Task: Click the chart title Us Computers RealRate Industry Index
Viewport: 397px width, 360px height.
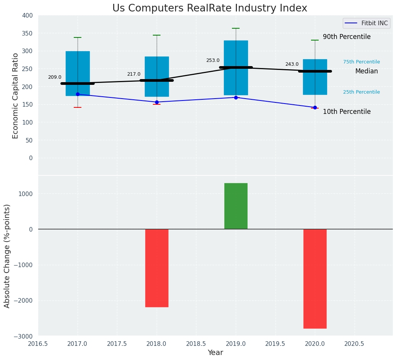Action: [x=209, y=8]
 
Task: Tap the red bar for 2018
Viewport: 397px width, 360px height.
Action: [x=157, y=268]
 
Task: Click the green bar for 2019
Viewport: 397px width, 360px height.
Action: [x=236, y=206]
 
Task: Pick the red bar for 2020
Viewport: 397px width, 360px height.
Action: [x=315, y=279]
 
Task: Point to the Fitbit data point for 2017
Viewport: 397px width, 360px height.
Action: [x=78, y=94]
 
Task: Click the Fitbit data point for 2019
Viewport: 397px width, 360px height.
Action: [x=236, y=97]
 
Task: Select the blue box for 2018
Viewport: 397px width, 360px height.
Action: [x=157, y=76]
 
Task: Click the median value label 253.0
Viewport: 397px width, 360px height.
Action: [x=213, y=60]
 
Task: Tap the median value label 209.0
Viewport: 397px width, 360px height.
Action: [x=55, y=77]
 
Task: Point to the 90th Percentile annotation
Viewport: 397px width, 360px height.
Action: [x=347, y=37]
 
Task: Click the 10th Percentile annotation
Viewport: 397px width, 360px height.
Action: [x=347, y=112]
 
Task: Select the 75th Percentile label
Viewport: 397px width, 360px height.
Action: [x=361, y=62]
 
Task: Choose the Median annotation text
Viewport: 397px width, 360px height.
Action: [x=366, y=71]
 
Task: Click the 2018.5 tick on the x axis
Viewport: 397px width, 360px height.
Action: [x=196, y=344]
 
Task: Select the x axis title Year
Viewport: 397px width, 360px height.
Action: [x=216, y=353]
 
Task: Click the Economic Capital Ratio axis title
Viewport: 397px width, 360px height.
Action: [x=16, y=96]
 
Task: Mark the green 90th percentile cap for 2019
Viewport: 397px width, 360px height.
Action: [x=236, y=28]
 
